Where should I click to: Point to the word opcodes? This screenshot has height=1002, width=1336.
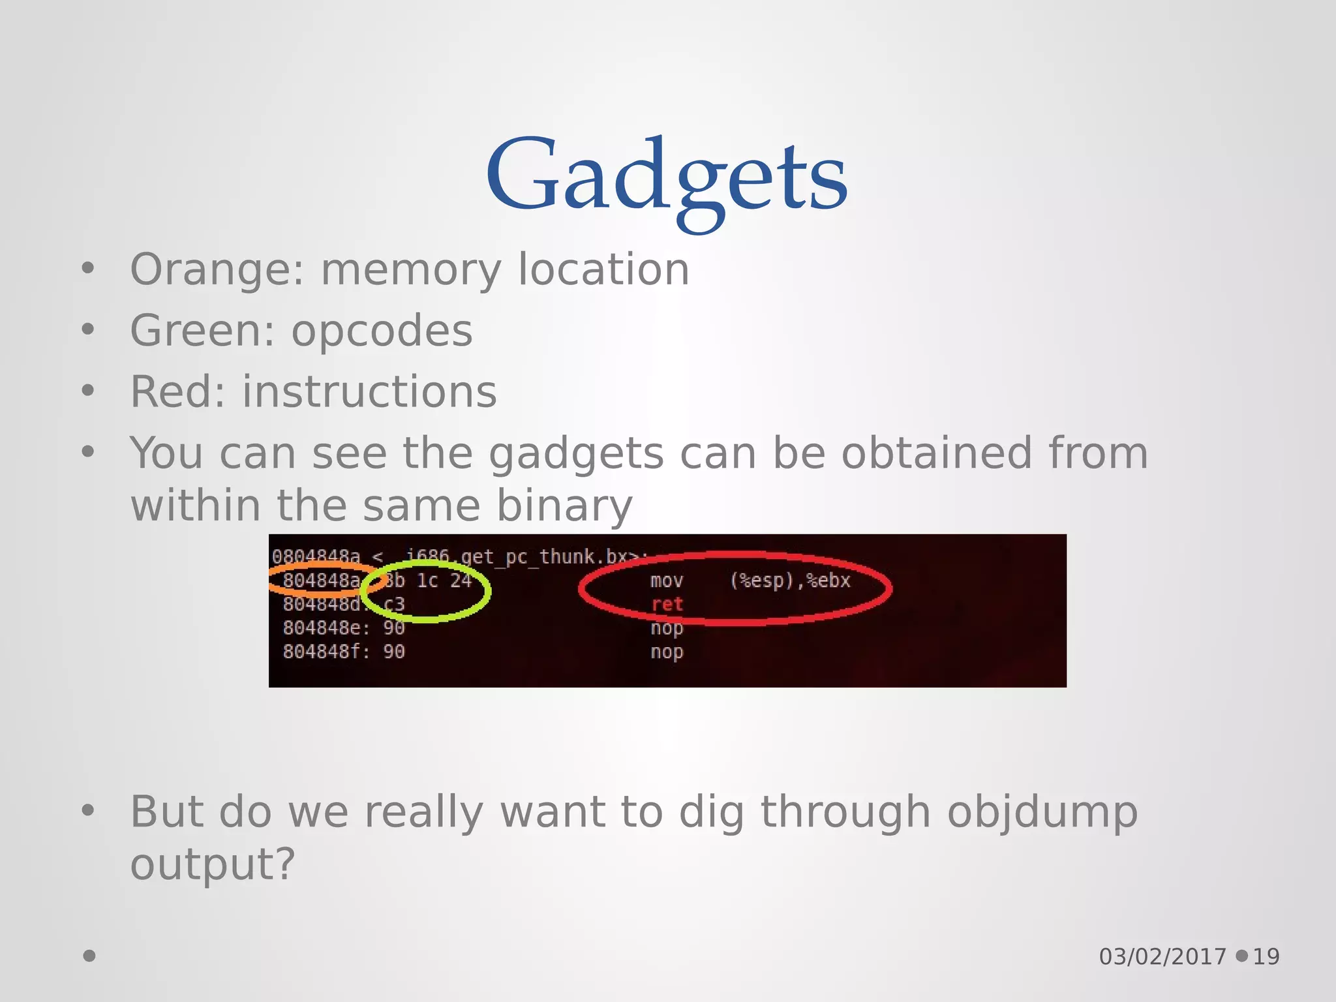click(x=382, y=331)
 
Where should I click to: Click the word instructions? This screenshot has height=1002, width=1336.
click(x=369, y=392)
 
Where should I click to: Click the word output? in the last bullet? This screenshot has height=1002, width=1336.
click(x=213, y=864)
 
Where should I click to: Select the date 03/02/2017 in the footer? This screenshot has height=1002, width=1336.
click(x=1162, y=956)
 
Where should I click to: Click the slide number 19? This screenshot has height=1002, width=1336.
click(x=1266, y=956)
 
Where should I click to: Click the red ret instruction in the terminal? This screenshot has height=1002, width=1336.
click(x=667, y=605)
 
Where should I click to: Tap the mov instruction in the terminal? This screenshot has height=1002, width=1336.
click(x=667, y=581)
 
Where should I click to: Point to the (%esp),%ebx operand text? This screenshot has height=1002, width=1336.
click(x=790, y=581)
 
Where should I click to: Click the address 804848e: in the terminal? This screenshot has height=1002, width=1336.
click(x=326, y=628)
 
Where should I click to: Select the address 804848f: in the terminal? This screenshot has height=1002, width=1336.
click(x=326, y=652)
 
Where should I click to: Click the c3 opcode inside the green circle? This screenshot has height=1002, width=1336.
click(x=394, y=605)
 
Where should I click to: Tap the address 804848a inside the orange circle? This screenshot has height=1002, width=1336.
click(x=321, y=581)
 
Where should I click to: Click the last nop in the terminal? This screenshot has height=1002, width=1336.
click(x=667, y=652)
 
